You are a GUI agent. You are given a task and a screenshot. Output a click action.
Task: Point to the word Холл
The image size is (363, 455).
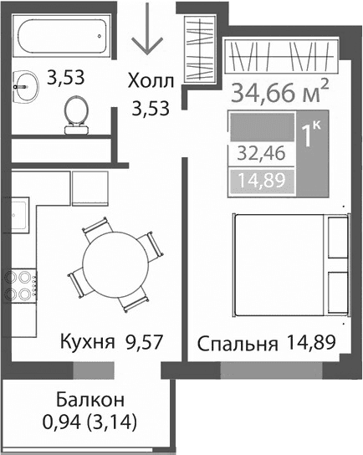pyautogui.click(x=151, y=81)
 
